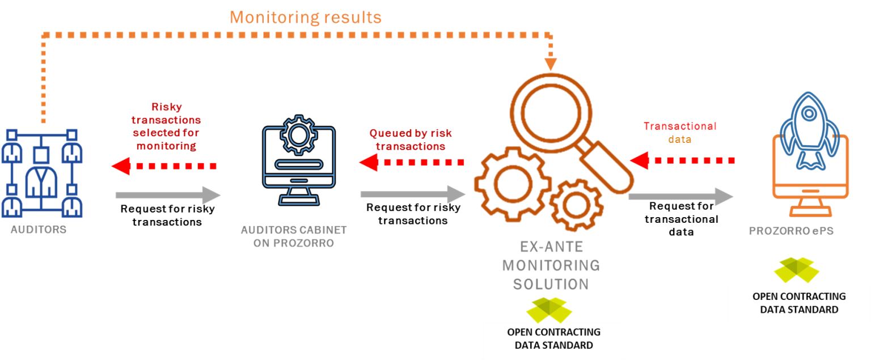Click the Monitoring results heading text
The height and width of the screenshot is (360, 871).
coord(306,17)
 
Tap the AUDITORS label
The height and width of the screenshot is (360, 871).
coord(38,230)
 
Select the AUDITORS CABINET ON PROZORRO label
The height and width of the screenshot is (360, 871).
coord(294,236)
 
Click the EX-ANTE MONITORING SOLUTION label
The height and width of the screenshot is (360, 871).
coord(551,265)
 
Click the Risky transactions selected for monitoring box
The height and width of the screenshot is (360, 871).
coord(167,126)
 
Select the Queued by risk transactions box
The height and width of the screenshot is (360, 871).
coord(411,139)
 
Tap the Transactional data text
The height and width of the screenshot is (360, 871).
coord(679,133)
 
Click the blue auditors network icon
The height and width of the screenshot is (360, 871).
coord(42,173)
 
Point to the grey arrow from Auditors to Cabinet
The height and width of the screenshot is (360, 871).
coord(168,195)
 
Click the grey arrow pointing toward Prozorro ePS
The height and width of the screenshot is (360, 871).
coord(680,197)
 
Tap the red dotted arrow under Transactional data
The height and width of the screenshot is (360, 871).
coord(683,160)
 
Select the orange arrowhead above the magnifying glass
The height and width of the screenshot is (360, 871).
coord(551,64)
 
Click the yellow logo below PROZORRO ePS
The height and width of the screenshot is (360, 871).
coord(796,270)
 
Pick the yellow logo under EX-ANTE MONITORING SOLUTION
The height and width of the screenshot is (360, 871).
coord(549,310)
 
